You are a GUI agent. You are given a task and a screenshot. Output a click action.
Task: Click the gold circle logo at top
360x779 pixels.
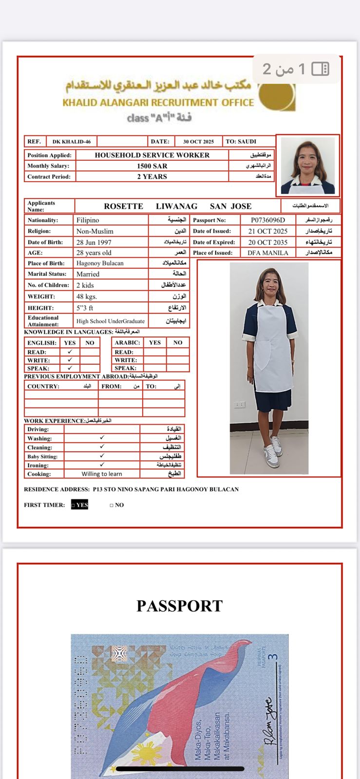tap(277, 96)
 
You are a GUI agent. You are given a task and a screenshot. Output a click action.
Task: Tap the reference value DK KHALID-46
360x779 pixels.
tap(72, 142)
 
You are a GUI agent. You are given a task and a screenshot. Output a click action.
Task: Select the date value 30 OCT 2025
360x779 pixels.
tap(198, 142)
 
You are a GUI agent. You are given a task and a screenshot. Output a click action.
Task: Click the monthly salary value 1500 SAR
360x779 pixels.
tap(152, 166)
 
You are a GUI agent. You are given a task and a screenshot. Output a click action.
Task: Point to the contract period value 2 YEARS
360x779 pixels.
tap(152, 177)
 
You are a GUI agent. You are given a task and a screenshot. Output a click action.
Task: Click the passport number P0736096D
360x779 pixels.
tap(268, 220)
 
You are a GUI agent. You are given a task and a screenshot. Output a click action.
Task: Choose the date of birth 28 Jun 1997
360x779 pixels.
tap(94, 242)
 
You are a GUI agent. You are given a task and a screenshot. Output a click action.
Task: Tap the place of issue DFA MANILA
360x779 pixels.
tap(268, 253)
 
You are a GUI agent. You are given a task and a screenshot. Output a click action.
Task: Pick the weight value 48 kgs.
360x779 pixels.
tap(87, 297)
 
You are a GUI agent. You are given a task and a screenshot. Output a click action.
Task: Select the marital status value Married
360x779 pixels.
tap(88, 274)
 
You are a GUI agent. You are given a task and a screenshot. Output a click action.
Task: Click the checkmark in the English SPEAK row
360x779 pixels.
tap(70, 368)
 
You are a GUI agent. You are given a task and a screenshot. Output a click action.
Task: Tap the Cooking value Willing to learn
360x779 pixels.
tap(102, 474)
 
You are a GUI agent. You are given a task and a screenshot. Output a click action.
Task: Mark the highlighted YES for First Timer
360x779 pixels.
tap(80, 505)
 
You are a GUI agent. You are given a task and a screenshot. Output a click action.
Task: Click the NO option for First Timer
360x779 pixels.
tap(117, 505)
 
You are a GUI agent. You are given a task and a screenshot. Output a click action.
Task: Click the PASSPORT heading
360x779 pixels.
tap(180, 606)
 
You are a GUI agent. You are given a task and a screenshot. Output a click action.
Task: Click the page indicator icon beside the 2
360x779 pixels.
tap(320, 69)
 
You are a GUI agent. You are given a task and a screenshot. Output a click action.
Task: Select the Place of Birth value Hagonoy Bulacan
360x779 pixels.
tap(100, 263)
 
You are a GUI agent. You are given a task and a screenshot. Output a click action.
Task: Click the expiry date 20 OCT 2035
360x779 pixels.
tap(268, 242)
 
